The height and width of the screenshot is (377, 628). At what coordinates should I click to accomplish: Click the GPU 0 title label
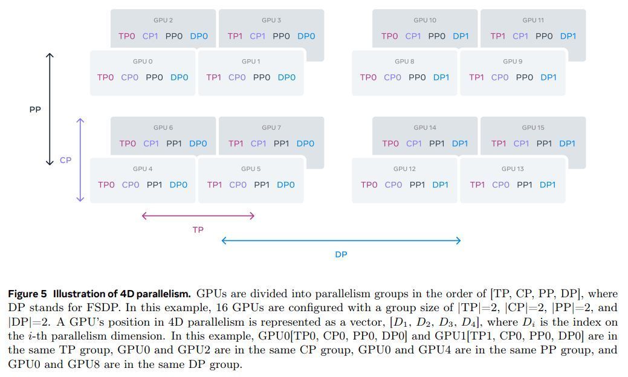tap(143, 62)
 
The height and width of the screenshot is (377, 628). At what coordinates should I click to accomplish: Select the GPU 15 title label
tap(533, 127)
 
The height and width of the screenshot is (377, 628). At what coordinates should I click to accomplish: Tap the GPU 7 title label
tap(271, 127)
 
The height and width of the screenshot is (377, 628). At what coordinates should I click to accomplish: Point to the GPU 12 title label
tap(404, 169)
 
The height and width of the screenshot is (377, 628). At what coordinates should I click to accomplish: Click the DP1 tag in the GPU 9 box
tap(548, 77)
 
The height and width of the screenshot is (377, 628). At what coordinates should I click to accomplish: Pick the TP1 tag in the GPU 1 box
tap(214, 77)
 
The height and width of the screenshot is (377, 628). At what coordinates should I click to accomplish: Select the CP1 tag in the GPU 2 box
tap(151, 36)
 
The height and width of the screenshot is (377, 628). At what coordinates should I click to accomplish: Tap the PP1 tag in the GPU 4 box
tap(155, 185)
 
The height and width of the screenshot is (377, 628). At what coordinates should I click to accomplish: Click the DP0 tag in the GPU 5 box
tap(286, 185)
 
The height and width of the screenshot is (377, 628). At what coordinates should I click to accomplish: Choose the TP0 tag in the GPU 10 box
tap(390, 36)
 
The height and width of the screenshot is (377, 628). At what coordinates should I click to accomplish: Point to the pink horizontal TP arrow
tap(198, 216)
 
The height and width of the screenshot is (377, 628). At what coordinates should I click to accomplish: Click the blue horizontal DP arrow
tap(341, 240)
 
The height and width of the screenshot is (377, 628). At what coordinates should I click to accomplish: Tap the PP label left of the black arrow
tap(35, 110)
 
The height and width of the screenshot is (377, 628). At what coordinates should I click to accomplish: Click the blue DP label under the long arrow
tap(341, 255)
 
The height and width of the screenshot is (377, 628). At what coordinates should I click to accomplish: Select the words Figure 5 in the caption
tap(27, 294)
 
